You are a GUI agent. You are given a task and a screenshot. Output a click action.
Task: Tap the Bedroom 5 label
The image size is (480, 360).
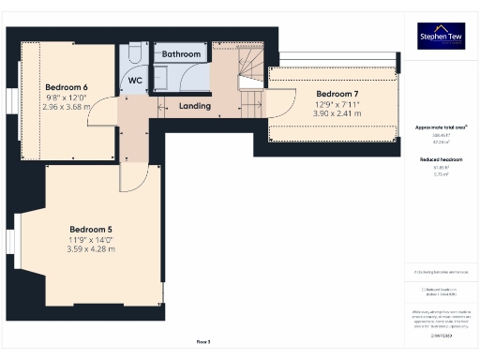pyautogui.click(x=92, y=229)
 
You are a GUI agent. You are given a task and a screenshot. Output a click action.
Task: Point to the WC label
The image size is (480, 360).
pyautogui.click(x=135, y=81)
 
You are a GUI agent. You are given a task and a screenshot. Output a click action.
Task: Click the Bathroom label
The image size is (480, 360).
pyautogui.click(x=181, y=54)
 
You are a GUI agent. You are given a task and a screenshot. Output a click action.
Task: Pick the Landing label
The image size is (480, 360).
pyautogui.click(x=194, y=106)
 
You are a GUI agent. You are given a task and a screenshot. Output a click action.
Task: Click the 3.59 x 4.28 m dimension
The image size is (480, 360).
pyautogui.click(x=92, y=249)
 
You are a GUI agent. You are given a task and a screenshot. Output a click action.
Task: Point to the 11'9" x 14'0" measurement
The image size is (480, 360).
pyautogui.click(x=92, y=239)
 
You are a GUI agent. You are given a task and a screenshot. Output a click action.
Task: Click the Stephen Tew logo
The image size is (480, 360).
pyautogui.click(x=441, y=36)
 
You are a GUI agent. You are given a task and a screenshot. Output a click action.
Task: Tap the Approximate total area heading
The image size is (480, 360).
pyautogui.click(x=441, y=127)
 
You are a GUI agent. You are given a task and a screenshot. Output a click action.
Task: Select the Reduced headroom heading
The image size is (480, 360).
pyautogui.click(x=441, y=160)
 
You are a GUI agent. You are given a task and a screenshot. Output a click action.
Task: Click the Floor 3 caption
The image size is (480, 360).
pyautogui.click(x=203, y=341)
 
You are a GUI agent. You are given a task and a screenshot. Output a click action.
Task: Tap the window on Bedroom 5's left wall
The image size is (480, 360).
pyautogui.click(x=14, y=247)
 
